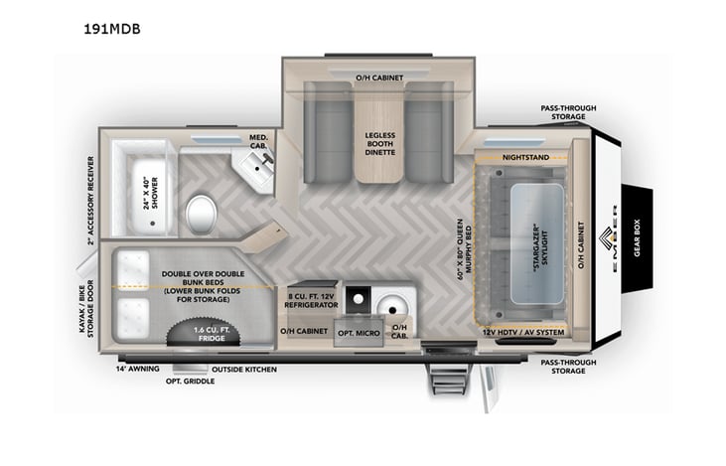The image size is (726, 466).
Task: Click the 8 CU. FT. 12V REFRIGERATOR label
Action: [313, 301]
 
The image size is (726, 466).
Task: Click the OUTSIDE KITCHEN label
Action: [244, 369]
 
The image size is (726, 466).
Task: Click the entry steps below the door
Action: [437, 378]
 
